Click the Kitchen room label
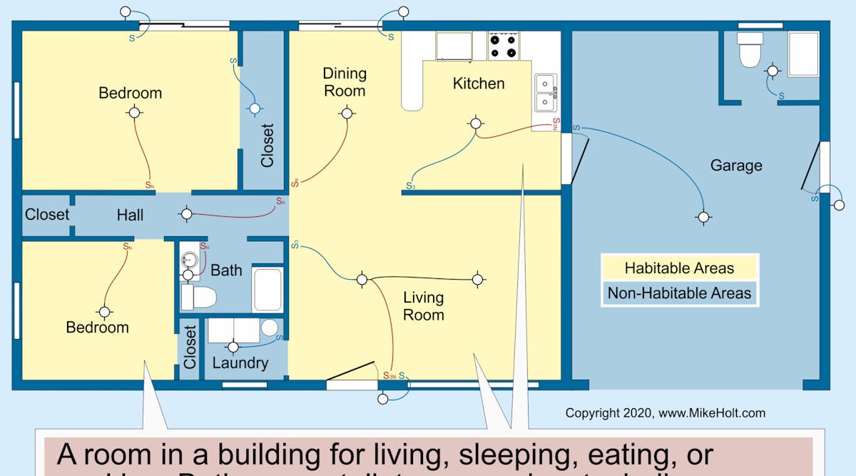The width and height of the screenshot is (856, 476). (479, 83)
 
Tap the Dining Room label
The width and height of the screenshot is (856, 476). (345, 82)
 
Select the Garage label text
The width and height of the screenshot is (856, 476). (736, 166)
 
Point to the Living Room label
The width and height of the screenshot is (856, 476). (423, 306)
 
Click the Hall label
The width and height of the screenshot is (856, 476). (130, 215)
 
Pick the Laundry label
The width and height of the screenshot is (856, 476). (240, 363)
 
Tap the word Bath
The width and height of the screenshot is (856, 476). (226, 270)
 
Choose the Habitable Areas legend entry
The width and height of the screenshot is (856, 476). (679, 268)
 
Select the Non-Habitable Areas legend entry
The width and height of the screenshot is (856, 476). (679, 293)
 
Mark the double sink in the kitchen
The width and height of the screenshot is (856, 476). (546, 93)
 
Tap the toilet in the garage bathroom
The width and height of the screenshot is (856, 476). (750, 50)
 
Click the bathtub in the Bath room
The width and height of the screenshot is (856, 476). (268, 289)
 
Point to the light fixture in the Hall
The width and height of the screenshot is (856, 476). (186, 213)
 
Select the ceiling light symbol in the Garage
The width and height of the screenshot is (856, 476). (704, 217)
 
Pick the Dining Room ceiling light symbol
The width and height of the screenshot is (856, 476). (347, 113)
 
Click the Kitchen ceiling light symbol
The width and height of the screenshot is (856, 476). (476, 123)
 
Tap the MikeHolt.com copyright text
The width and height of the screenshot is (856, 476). (665, 413)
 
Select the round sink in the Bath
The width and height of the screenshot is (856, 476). (188, 259)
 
